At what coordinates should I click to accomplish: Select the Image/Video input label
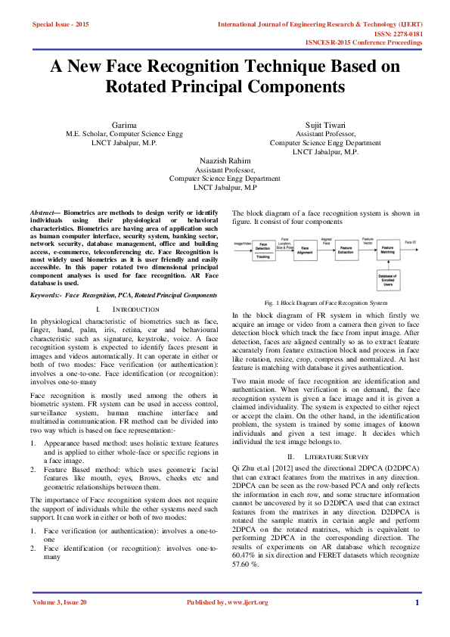[x=241, y=243]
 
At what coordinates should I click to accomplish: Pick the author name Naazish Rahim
[x=225, y=160]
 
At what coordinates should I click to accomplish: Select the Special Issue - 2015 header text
[x=61, y=25]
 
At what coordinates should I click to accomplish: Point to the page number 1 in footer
[x=417, y=602]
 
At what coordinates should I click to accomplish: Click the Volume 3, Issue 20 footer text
[x=60, y=602]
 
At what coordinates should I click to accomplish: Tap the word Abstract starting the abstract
[x=42, y=214]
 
